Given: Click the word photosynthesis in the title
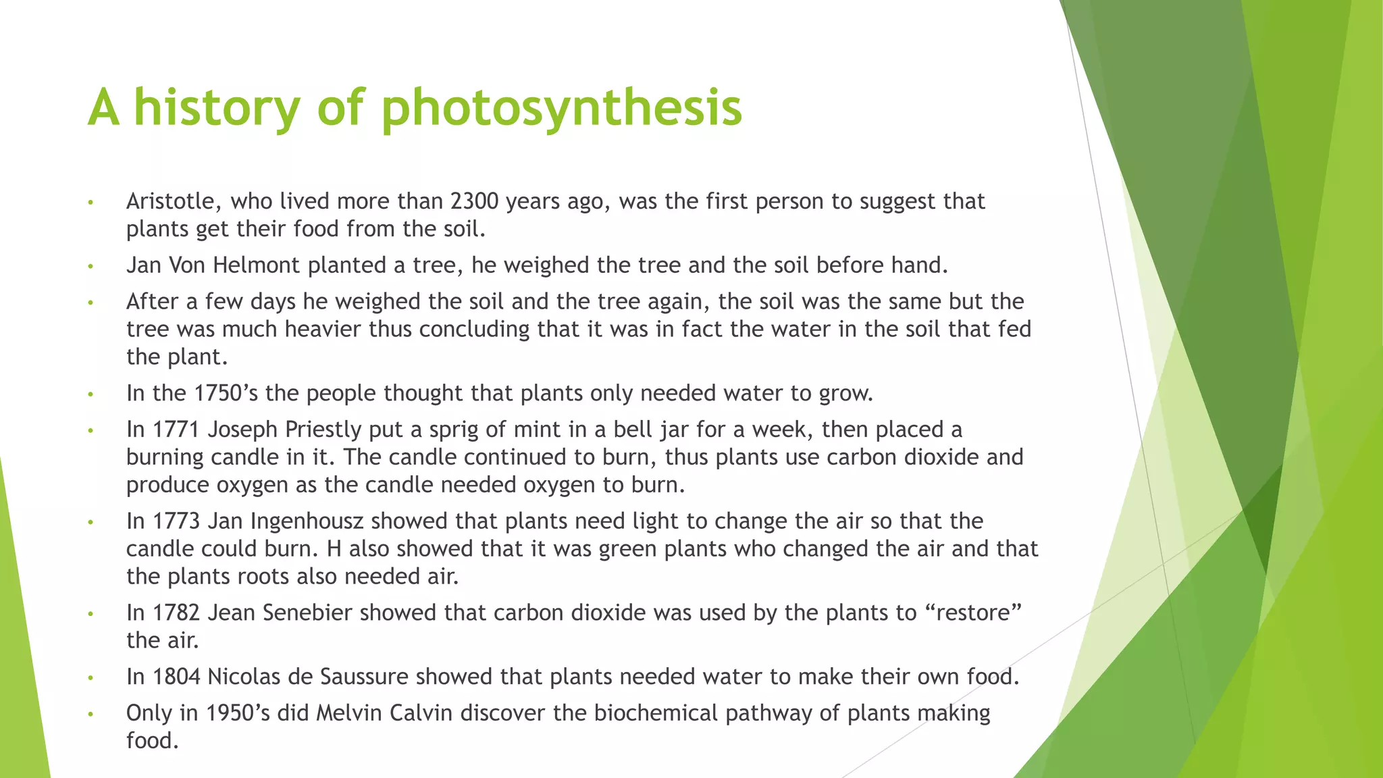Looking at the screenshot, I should click(x=561, y=108).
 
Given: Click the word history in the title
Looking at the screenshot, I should click(x=217, y=108).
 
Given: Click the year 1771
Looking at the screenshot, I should click(x=177, y=430).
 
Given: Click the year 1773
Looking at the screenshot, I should click(x=177, y=521).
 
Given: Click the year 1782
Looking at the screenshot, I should click(x=177, y=613).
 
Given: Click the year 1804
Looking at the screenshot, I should click(x=177, y=677).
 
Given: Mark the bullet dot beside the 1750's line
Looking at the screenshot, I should click(x=90, y=394).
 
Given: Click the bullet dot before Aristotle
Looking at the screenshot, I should click(x=90, y=203).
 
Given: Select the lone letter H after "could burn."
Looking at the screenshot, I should click(x=334, y=549).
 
